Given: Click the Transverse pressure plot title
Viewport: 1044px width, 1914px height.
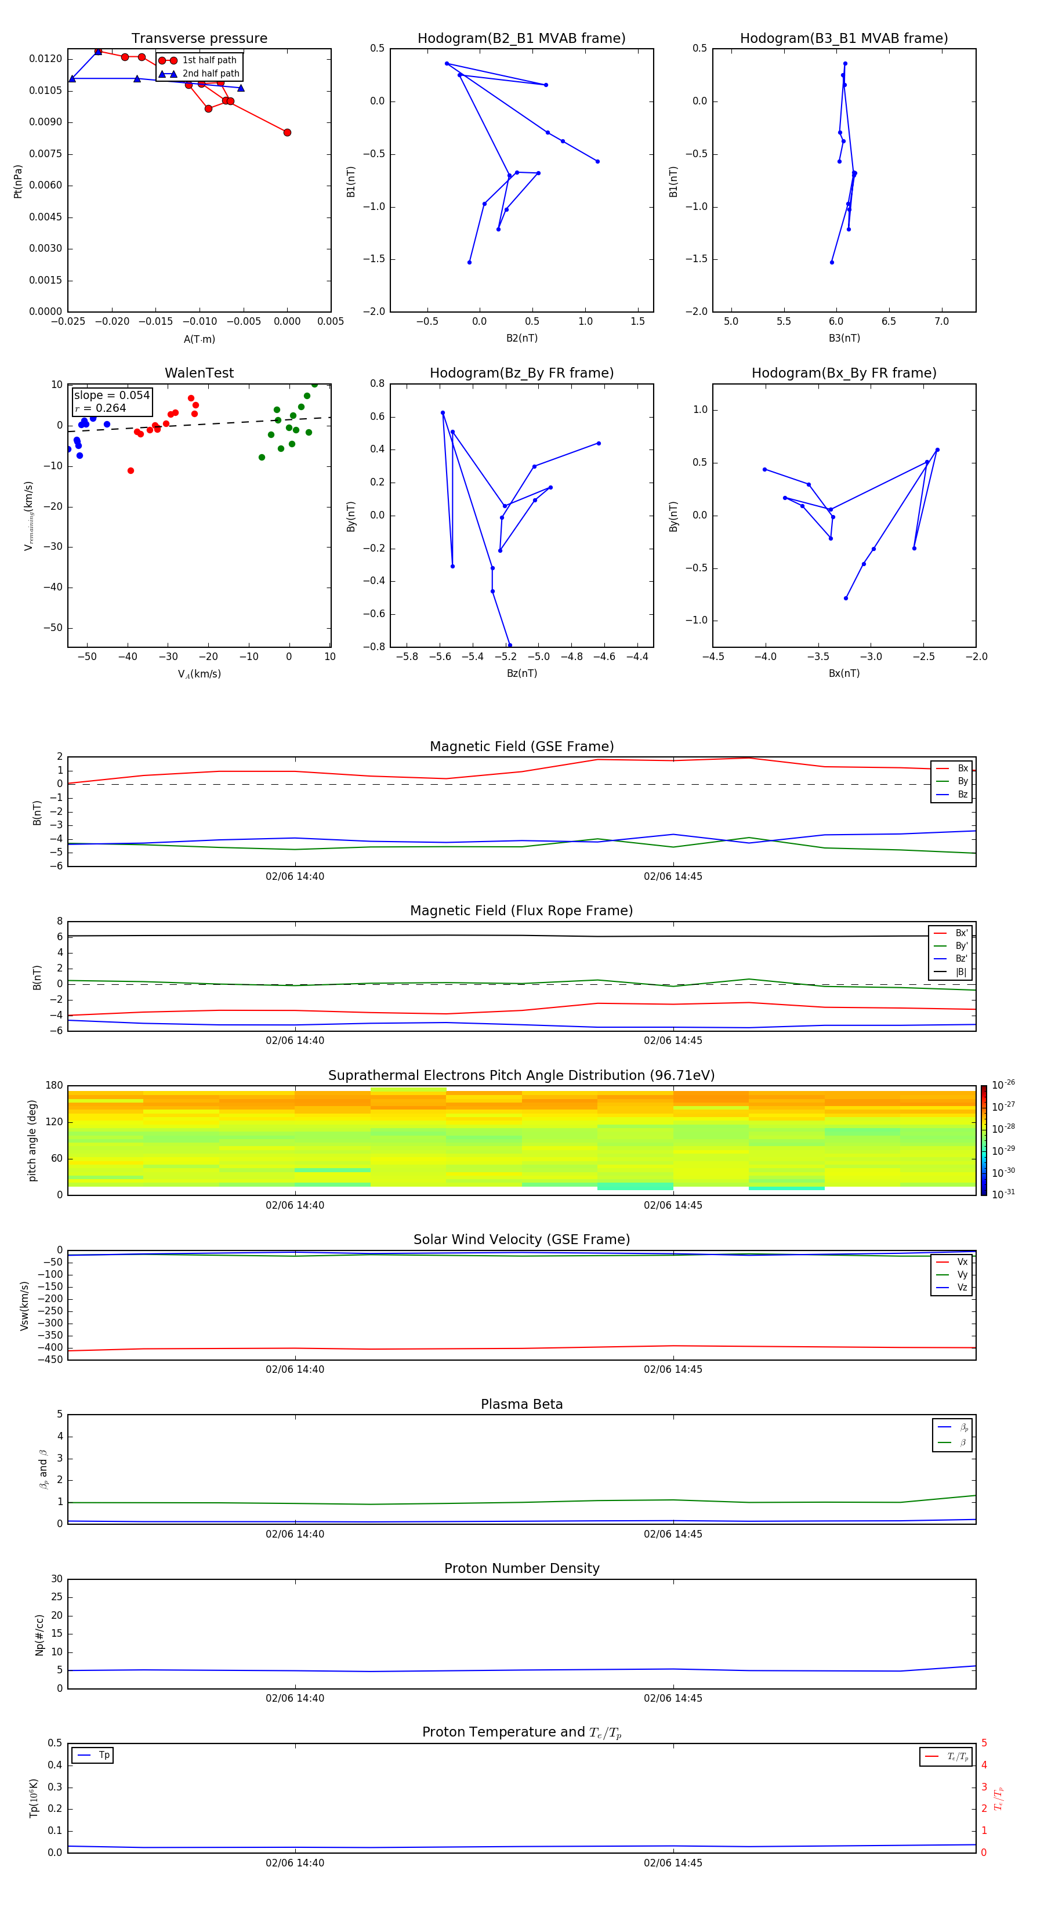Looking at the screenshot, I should (199, 39).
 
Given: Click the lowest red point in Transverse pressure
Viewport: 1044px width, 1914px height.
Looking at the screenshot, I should (288, 132).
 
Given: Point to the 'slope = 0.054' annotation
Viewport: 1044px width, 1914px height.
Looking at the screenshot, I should (111, 396).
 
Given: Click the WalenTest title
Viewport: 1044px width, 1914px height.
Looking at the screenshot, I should (199, 373).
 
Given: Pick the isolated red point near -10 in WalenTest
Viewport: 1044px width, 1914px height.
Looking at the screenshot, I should (130, 470).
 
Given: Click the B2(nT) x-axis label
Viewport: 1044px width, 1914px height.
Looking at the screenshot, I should (521, 338).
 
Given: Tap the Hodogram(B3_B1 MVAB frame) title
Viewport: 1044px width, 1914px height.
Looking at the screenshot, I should (843, 39).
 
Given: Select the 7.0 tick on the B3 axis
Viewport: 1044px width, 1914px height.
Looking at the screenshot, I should (941, 322).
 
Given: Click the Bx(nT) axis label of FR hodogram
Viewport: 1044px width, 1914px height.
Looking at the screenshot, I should (843, 673).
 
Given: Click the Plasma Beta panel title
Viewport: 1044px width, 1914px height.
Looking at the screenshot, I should (521, 1404).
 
